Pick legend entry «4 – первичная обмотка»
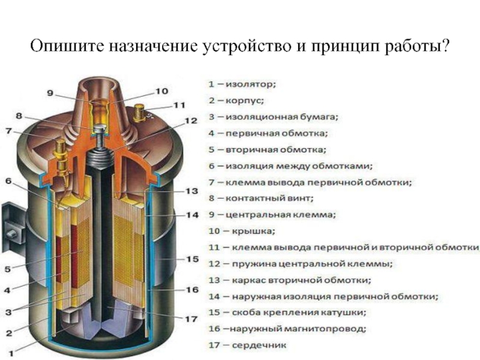(268, 133)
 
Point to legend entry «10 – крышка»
(241, 230)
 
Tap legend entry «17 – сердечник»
(247, 345)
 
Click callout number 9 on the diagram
(50, 93)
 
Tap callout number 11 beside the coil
(179, 106)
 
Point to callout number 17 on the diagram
(191, 320)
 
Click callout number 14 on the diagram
(191, 214)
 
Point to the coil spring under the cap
(98, 157)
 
